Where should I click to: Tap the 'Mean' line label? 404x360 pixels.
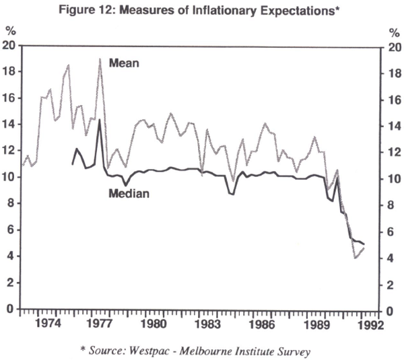(x=124, y=63)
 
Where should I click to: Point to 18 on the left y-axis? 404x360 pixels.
(x=9, y=72)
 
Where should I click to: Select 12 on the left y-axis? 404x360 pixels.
(x=9, y=151)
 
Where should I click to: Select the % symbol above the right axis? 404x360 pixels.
(x=394, y=32)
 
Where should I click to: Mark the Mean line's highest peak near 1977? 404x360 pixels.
(x=100, y=59)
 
